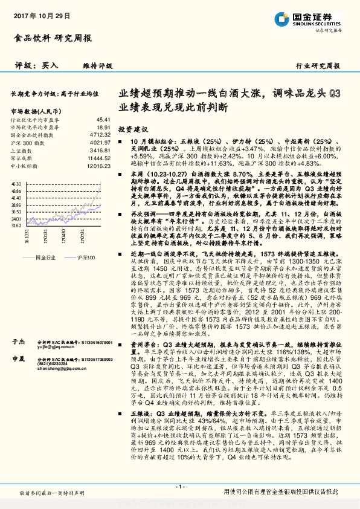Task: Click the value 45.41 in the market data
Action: [104, 120]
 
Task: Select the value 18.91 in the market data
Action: [104, 128]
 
